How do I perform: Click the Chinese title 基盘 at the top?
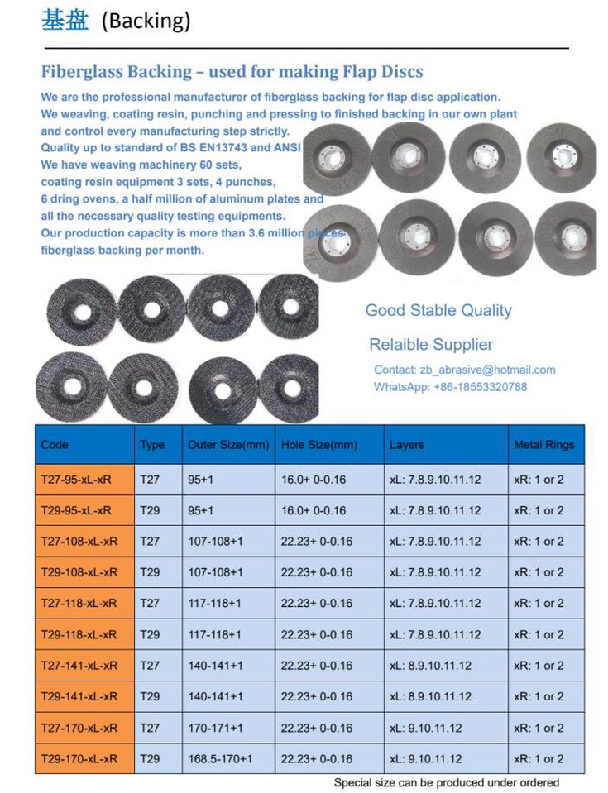pos(65,20)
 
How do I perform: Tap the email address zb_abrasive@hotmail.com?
pos(496,370)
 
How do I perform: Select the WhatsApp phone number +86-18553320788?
pos(480,386)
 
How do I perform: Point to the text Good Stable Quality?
pos(438,311)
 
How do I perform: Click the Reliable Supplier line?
pos(430,345)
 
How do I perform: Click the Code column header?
pos(55,445)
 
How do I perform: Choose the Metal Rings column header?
pos(543,445)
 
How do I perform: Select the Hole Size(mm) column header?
pos(319,445)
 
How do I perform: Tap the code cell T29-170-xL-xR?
pos(79,758)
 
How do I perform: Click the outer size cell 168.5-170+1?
pos(220,758)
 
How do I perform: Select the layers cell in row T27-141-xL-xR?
pos(430,666)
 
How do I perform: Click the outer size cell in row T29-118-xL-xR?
pos(215,634)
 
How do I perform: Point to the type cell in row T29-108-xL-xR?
pos(150,572)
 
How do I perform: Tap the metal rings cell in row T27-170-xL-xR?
pos(539,728)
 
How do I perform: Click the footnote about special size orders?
pos(446,782)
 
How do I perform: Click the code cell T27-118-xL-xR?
pos(79,604)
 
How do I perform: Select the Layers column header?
pos(406,445)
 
